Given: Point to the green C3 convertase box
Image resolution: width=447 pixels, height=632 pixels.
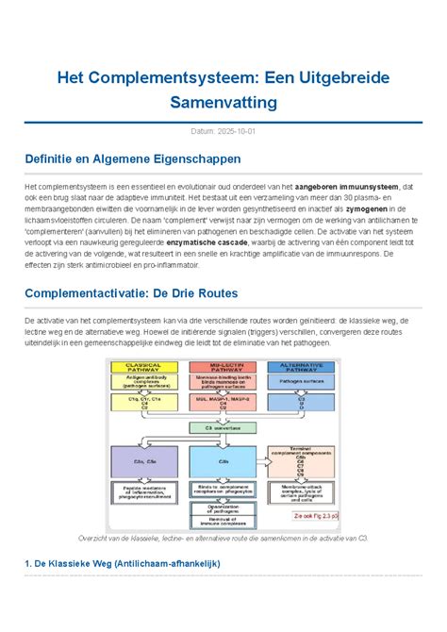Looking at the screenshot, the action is pyautogui.click(x=223, y=427).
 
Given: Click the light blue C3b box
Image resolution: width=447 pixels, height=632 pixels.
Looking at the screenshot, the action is pyautogui.click(x=223, y=461).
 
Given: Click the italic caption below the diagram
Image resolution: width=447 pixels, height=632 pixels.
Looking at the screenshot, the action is pyautogui.click(x=223, y=537).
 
